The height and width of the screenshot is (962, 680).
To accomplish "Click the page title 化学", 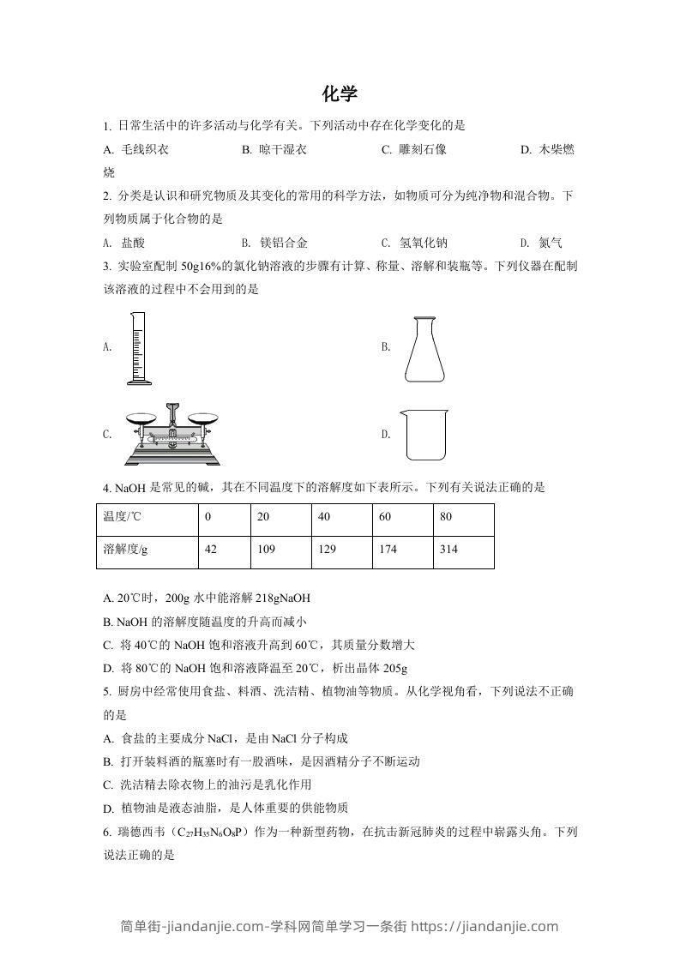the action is click(340, 93).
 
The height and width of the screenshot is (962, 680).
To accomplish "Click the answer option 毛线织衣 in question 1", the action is click(145, 149).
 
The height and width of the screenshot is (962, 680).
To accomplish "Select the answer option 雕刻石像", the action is click(423, 149).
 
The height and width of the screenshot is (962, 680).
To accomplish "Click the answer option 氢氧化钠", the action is click(424, 243).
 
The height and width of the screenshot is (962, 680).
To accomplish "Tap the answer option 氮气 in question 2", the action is click(550, 243).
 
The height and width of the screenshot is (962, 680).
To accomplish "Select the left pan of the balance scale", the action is click(142, 419).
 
